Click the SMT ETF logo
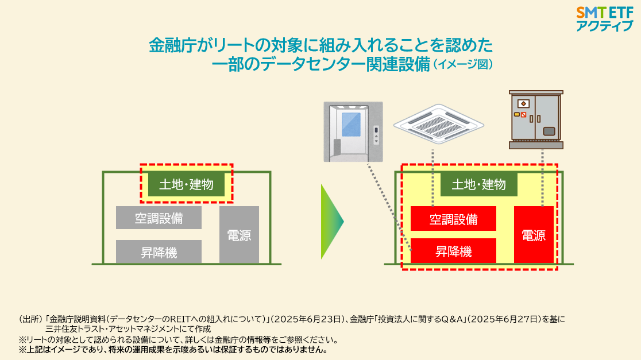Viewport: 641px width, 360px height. pyautogui.click(x=604, y=19)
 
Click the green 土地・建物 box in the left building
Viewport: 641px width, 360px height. pyautogui.click(x=187, y=184)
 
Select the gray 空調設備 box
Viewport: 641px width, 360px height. pyautogui.click(x=159, y=218)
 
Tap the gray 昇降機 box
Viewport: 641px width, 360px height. pyautogui.click(x=159, y=251)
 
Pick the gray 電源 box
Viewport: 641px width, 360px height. pyautogui.click(x=239, y=235)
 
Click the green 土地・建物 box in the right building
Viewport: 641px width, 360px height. pyautogui.click(x=478, y=184)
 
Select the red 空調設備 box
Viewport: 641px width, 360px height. pyautogui.click(x=453, y=219)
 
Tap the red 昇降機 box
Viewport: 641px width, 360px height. pyautogui.click(x=453, y=251)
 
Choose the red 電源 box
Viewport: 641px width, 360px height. pyautogui.click(x=534, y=235)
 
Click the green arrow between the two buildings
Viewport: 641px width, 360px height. pyautogui.click(x=332, y=222)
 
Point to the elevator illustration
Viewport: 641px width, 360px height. pyautogui.click(x=353, y=131)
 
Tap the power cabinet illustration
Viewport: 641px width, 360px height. pyautogui.click(x=536, y=119)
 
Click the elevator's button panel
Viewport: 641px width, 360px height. pyautogui.click(x=377, y=136)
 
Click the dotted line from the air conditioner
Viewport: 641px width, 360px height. pyautogui.click(x=433, y=178)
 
